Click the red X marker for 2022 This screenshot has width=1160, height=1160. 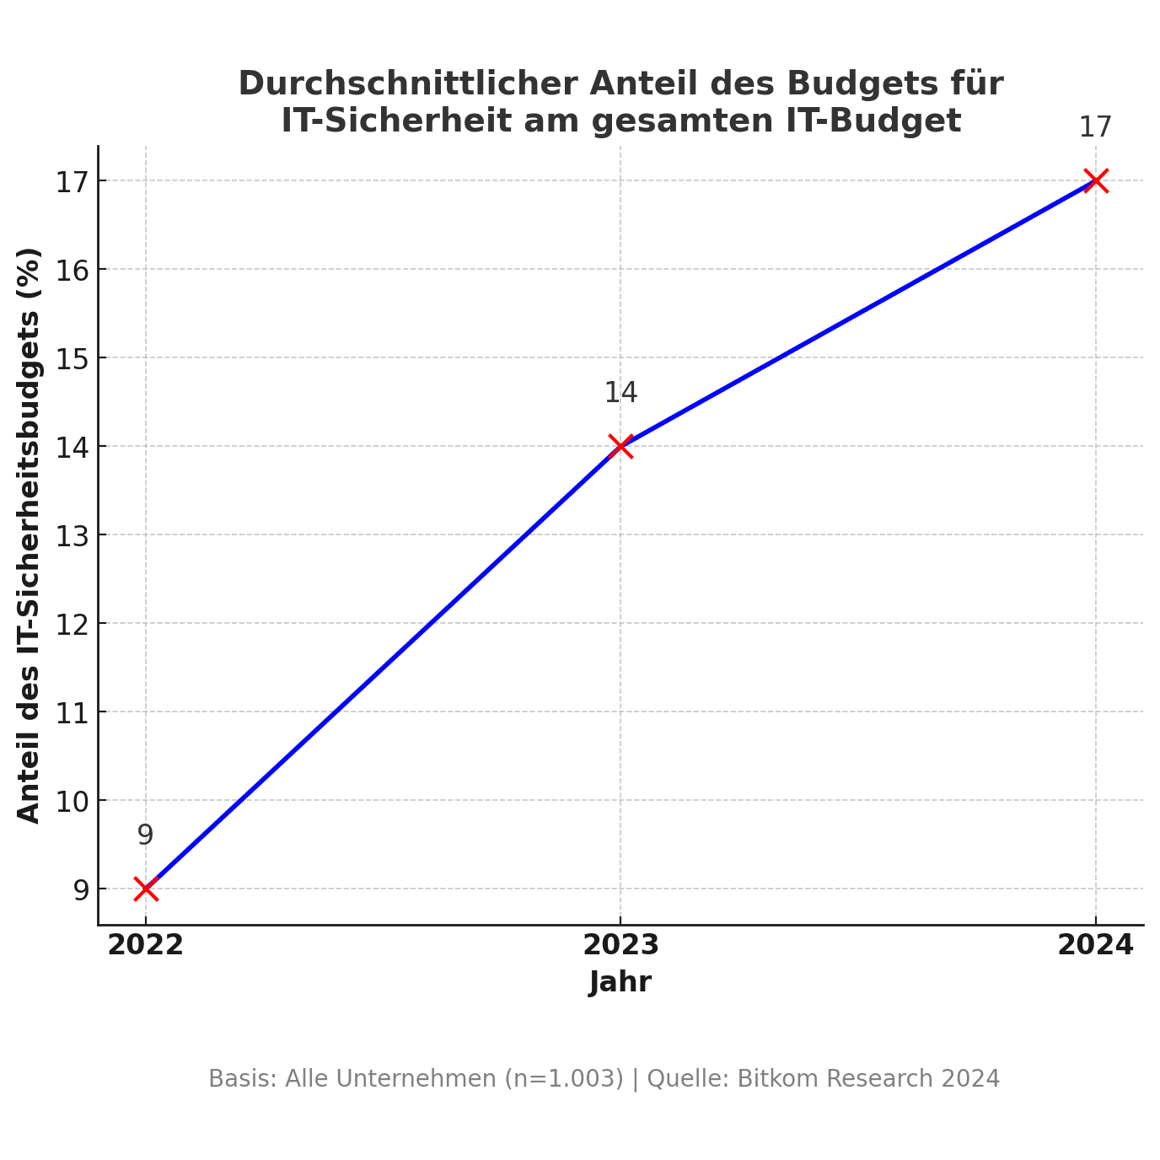(x=146, y=889)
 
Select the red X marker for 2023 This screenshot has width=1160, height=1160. (x=620, y=446)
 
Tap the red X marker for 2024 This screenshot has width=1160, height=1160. (x=1095, y=180)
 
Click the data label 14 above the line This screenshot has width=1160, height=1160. (x=620, y=393)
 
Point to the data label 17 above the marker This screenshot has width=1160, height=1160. (x=1095, y=127)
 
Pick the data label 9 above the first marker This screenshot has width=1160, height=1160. (x=145, y=835)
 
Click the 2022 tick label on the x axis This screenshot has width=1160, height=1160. (x=145, y=945)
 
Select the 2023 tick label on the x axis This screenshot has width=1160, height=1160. (x=620, y=945)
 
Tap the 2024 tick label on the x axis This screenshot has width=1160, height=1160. (x=1095, y=945)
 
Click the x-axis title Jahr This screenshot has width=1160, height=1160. (x=620, y=982)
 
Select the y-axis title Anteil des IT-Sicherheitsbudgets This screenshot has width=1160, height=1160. (x=30, y=534)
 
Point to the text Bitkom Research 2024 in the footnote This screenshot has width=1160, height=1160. (x=868, y=1079)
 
